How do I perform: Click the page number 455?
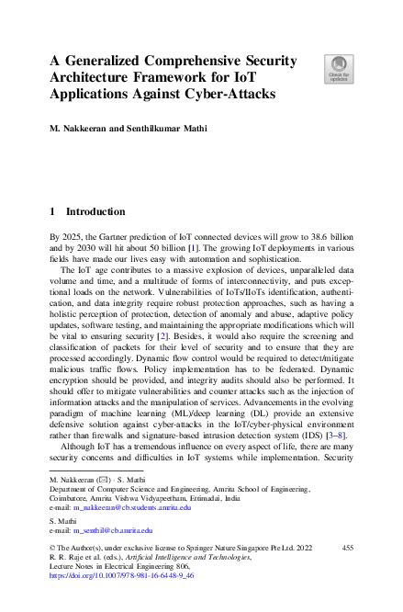tap(347, 548)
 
